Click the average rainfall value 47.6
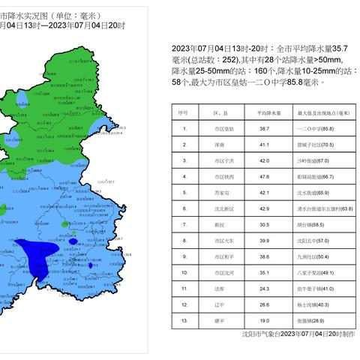[264, 176]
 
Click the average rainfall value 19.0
[264, 320]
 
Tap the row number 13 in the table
[184, 320]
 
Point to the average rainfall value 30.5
[264, 224]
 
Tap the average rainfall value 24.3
[264, 288]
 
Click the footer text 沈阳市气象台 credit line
[298, 334]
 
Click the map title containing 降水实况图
[67, 13]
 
